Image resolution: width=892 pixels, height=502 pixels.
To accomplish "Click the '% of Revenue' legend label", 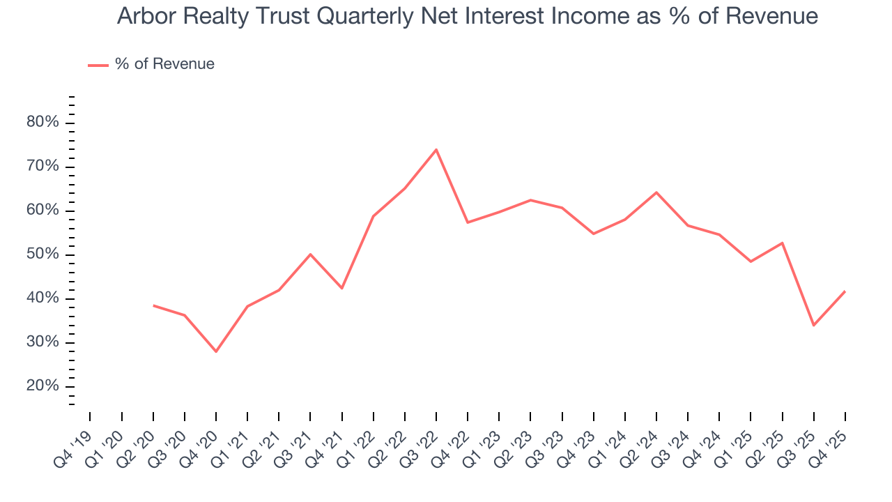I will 164,64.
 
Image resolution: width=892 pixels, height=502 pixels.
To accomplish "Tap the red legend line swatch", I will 98,65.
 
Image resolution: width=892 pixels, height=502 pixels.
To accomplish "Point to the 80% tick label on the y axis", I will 43,123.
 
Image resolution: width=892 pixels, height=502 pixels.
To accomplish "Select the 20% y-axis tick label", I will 43,386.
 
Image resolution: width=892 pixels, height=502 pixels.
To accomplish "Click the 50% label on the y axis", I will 43,254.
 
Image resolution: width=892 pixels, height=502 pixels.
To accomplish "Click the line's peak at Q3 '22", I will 436,149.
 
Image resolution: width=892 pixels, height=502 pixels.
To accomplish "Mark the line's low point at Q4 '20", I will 216,351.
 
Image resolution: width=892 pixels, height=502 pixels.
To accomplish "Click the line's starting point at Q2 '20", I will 153,305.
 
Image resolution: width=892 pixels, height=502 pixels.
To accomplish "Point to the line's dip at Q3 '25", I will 813,326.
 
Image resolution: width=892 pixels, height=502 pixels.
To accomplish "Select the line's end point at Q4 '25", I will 845,291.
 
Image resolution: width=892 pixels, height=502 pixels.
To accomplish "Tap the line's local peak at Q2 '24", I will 656,192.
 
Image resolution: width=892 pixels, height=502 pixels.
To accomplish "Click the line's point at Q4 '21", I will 342,288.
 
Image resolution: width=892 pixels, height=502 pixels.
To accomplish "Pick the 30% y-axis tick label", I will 43,342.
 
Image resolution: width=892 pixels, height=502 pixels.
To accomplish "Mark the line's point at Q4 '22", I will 468,222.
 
